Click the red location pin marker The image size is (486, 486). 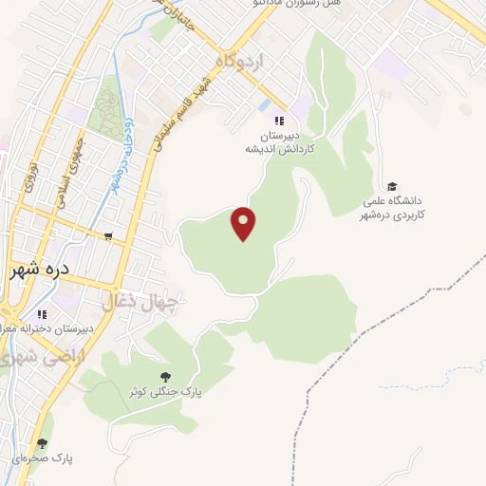[x=244, y=222]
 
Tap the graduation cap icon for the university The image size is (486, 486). [x=392, y=186]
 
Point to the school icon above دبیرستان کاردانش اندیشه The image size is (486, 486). [x=279, y=121]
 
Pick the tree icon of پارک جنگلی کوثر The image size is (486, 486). [x=167, y=376]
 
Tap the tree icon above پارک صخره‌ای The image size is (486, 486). [x=41, y=442]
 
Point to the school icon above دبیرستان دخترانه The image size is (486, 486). [x=41, y=314]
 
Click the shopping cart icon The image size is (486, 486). [x=109, y=237]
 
